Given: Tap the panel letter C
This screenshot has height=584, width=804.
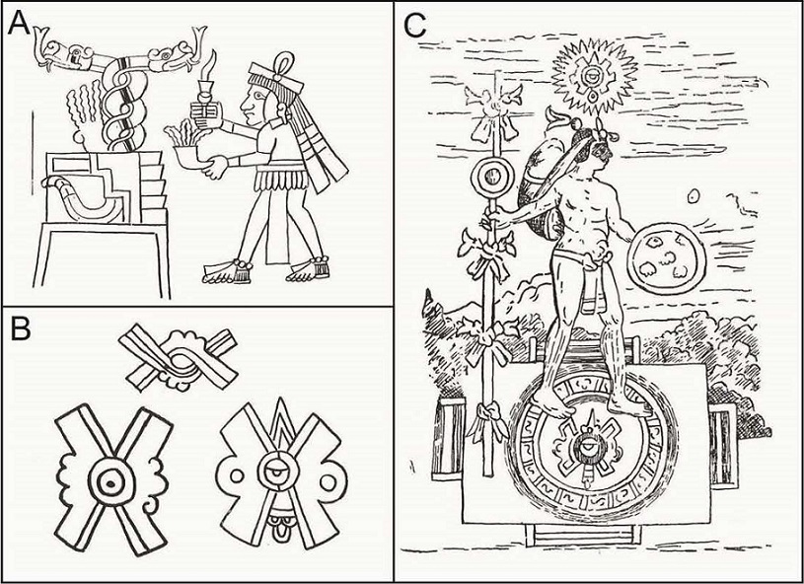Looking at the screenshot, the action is (415, 26).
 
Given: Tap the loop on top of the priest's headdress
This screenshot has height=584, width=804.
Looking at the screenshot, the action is (282, 64).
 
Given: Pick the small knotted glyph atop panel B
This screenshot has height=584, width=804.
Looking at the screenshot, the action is (178, 357).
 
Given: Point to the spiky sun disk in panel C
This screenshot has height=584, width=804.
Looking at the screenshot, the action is (594, 77).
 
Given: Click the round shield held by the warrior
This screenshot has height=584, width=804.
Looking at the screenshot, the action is (666, 258).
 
